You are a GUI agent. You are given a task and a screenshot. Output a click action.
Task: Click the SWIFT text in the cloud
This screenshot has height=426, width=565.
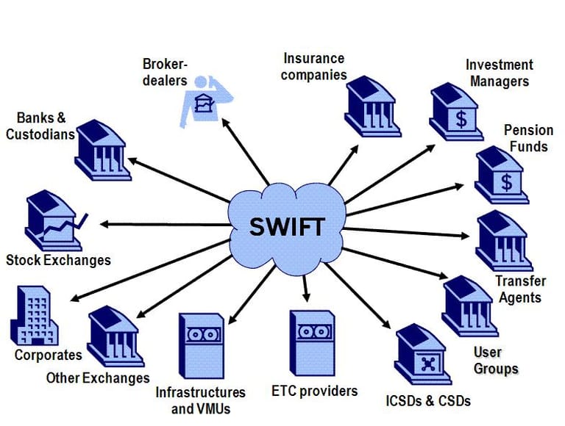[286, 225]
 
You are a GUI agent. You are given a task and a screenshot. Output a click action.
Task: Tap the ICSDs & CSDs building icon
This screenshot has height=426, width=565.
[422, 359]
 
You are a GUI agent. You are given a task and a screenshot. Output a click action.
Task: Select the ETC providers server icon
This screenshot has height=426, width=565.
[313, 344]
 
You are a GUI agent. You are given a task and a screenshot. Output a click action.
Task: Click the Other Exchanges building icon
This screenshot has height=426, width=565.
[115, 337]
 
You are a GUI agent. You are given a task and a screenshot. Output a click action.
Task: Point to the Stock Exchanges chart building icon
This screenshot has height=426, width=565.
[53, 221]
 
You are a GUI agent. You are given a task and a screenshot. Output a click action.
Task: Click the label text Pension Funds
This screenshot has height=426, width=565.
[528, 138]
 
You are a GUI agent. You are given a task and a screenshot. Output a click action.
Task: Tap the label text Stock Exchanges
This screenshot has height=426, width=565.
[58, 260]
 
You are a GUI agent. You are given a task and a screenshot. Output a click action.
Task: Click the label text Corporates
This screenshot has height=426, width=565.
[49, 355]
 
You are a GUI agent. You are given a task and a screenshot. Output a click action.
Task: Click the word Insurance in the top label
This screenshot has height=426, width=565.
[314, 58]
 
